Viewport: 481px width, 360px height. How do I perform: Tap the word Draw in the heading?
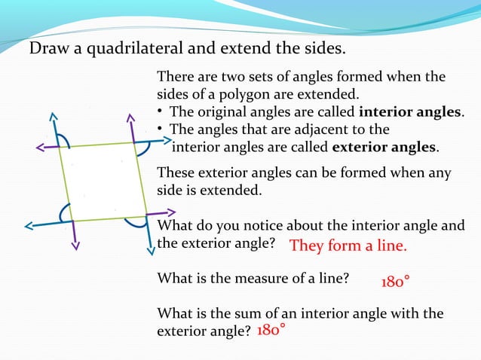[x=46, y=50]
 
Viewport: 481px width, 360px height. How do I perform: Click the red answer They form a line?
[x=348, y=246]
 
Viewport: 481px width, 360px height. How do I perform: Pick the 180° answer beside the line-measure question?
[x=396, y=282]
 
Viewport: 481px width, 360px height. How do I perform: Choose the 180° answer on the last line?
[x=271, y=331]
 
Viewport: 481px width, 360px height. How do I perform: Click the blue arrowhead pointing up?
[x=53, y=116]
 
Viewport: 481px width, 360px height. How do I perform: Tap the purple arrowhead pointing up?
[x=126, y=118]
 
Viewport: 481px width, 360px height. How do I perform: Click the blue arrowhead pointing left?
[x=28, y=225]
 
